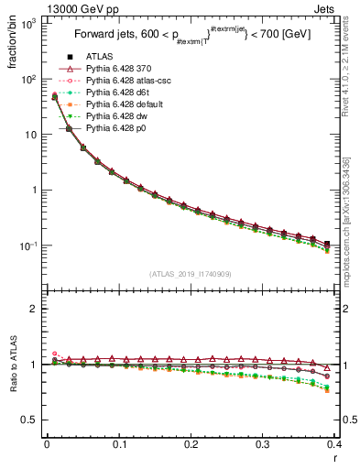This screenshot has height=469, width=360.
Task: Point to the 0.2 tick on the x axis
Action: click(191, 445)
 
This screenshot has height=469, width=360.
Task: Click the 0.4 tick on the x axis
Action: click(334, 445)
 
